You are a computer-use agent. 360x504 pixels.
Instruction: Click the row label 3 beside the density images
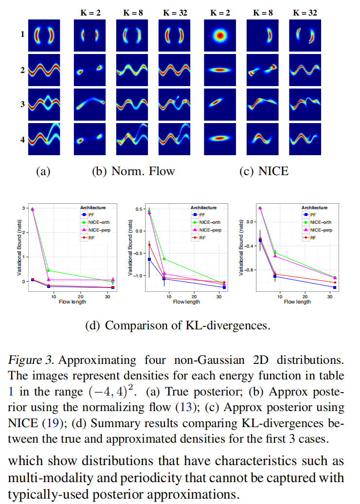(x=22, y=104)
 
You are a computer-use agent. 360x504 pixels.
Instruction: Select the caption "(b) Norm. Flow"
(x=133, y=171)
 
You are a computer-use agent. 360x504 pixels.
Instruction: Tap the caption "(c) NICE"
(x=264, y=171)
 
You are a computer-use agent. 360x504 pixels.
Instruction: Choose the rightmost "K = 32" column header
(x=305, y=13)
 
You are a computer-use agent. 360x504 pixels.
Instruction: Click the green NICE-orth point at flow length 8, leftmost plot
(x=49, y=270)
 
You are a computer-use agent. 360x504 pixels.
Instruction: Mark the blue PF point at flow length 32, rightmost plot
(x=335, y=288)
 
